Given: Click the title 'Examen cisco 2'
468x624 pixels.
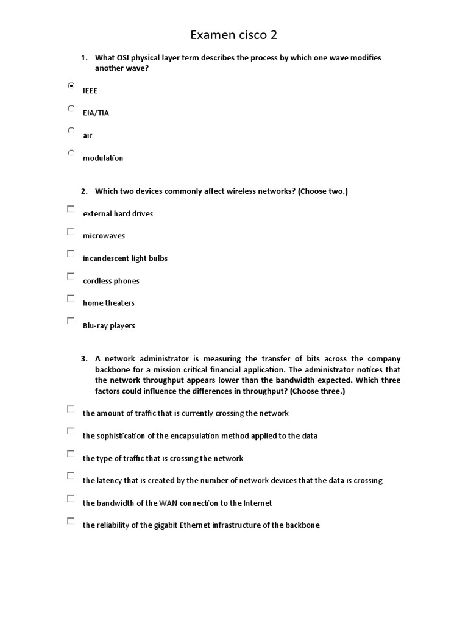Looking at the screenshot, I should [x=233, y=35].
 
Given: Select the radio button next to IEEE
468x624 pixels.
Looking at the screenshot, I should [x=71, y=86].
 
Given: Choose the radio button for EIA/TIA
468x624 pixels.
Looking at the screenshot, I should [x=71, y=108].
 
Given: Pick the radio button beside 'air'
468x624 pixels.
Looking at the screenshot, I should [x=71, y=130].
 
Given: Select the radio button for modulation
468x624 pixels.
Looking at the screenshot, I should [x=71, y=153].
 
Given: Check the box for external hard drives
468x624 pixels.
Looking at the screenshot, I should [x=71, y=209].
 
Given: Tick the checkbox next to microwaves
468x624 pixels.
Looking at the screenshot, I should [x=71, y=232].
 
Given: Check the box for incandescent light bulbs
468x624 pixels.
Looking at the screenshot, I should [x=71, y=253].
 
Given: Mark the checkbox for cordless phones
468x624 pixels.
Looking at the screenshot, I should [x=71, y=276].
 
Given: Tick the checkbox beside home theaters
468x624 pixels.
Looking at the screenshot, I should [x=71, y=299].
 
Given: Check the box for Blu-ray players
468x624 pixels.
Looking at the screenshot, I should [x=71, y=321].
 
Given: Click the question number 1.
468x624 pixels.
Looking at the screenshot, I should [x=84, y=58].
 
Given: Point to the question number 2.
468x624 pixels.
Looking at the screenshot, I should [x=84, y=191].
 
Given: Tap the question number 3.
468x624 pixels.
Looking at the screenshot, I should [x=84, y=359].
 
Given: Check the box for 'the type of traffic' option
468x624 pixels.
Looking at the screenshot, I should [x=71, y=453].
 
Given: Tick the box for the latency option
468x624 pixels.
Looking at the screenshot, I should [x=71, y=476].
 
